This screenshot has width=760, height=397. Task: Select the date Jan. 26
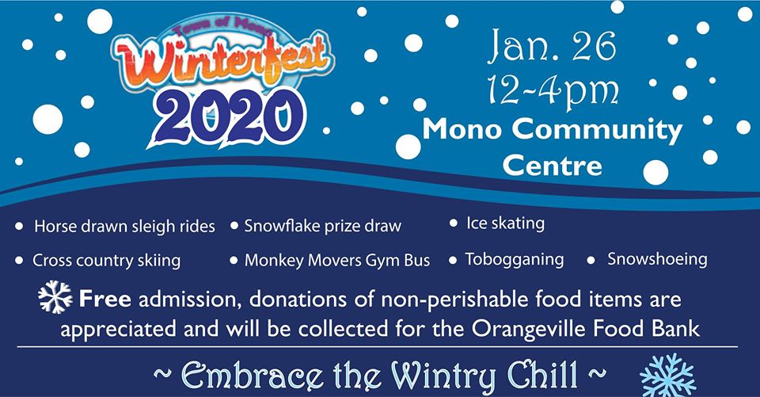click(552, 46)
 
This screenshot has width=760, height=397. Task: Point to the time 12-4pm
click(553, 92)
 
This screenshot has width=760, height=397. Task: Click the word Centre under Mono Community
click(552, 166)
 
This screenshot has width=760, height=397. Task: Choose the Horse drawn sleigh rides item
click(124, 226)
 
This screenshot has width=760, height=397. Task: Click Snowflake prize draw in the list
click(323, 226)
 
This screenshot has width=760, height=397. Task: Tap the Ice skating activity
click(506, 223)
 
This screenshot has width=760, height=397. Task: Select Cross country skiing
click(106, 261)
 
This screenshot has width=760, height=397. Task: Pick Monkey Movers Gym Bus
click(337, 261)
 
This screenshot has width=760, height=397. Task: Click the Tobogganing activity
click(515, 260)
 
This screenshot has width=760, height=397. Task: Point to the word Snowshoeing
click(657, 259)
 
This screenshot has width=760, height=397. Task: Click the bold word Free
click(104, 299)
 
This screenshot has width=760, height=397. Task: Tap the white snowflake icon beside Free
click(55, 296)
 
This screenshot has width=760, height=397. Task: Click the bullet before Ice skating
click(453, 223)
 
